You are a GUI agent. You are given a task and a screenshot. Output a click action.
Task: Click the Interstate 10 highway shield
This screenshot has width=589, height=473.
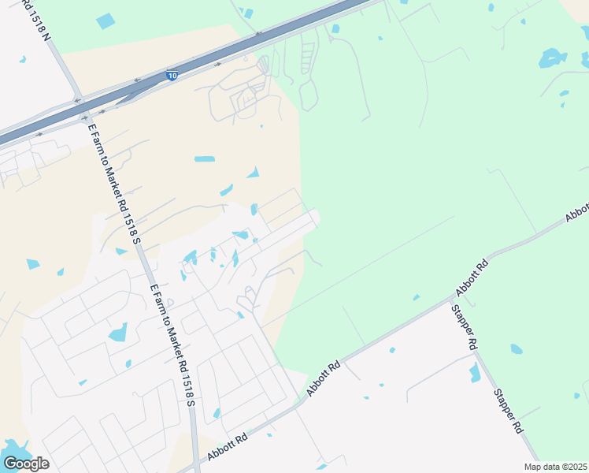[172, 76]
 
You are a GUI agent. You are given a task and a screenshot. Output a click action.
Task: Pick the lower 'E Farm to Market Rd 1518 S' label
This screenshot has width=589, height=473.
[173, 346]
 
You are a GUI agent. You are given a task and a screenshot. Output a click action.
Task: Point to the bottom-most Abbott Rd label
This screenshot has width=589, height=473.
[228, 447]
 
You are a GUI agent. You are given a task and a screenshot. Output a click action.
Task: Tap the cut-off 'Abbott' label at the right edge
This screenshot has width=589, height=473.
[577, 210]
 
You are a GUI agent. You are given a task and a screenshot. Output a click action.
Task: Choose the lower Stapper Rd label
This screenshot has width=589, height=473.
[508, 411]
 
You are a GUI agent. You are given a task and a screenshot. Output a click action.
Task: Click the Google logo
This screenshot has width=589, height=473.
[26, 464]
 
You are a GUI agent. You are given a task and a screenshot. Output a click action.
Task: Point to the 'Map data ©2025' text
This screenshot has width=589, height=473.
[555, 467]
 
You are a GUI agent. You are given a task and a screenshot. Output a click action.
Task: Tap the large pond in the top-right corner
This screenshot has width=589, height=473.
[552, 58]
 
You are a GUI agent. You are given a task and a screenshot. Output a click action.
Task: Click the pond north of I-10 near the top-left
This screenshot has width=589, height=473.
[105, 21]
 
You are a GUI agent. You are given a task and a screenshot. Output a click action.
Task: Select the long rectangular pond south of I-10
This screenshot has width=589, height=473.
[204, 158]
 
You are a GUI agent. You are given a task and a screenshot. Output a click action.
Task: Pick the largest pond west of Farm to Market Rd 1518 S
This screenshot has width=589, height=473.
[117, 332]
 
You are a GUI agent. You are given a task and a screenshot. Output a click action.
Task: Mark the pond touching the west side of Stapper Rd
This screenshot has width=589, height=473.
[475, 373]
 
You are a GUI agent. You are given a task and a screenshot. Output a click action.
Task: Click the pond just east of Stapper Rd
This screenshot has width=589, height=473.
[516, 348]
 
